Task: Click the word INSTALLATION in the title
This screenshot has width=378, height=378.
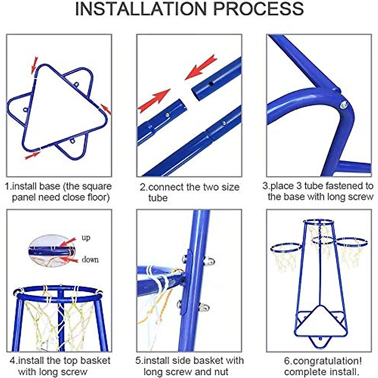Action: point(141,9)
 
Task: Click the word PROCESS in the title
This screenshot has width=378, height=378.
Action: point(259,9)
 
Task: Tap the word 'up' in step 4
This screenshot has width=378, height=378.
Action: point(86,238)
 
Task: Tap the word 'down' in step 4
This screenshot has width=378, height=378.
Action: point(90,260)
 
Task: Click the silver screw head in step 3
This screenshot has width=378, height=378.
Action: point(343,105)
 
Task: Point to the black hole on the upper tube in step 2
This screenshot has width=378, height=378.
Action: point(211,84)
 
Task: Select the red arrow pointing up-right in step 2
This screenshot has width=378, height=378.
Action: point(154,100)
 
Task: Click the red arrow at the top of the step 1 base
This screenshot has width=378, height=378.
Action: point(34,65)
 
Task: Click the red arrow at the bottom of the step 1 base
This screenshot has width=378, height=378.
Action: point(32,156)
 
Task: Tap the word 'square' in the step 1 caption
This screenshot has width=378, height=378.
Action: point(97,187)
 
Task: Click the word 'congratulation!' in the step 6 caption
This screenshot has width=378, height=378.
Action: point(323,361)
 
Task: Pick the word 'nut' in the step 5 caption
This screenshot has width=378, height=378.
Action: point(221,372)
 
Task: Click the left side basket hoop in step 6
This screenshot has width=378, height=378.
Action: point(286,248)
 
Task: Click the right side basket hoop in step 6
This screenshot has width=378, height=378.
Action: point(352,243)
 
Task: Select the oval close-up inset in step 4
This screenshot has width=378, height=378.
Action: point(52,250)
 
